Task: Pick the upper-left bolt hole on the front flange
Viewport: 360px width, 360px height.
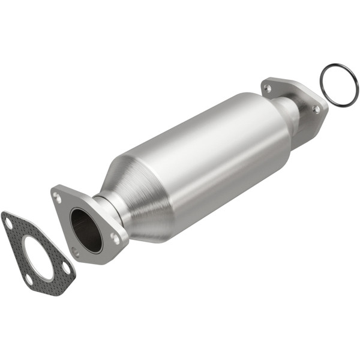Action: [58, 196]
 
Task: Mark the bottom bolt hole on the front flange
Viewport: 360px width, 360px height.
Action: [76, 251]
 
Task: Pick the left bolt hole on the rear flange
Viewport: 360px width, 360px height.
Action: [268, 88]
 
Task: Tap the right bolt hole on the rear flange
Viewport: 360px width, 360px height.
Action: [316, 109]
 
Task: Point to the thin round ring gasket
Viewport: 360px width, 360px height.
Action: [338, 86]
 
